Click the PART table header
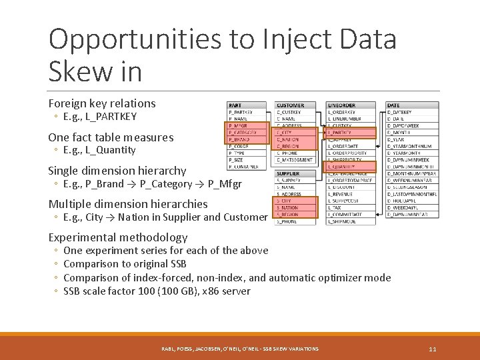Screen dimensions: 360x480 [x=235, y=105]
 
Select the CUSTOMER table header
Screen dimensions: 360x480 [x=291, y=105]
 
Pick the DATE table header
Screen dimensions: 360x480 [x=394, y=105]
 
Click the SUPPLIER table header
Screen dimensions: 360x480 [x=289, y=173]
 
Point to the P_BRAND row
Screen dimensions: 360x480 [x=240, y=139]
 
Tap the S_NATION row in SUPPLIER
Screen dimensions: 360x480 [x=288, y=208]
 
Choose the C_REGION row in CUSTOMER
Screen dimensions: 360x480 [x=289, y=146]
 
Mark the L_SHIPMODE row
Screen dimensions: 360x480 [x=343, y=221]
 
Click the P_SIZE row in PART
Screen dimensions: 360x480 [x=237, y=160]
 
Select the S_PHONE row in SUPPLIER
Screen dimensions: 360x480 [x=287, y=221]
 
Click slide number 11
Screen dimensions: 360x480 [x=433, y=349]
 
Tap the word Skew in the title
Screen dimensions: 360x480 [x=77, y=71]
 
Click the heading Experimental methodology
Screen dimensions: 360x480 [x=118, y=237]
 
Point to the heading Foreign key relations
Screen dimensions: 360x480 [x=102, y=103]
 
